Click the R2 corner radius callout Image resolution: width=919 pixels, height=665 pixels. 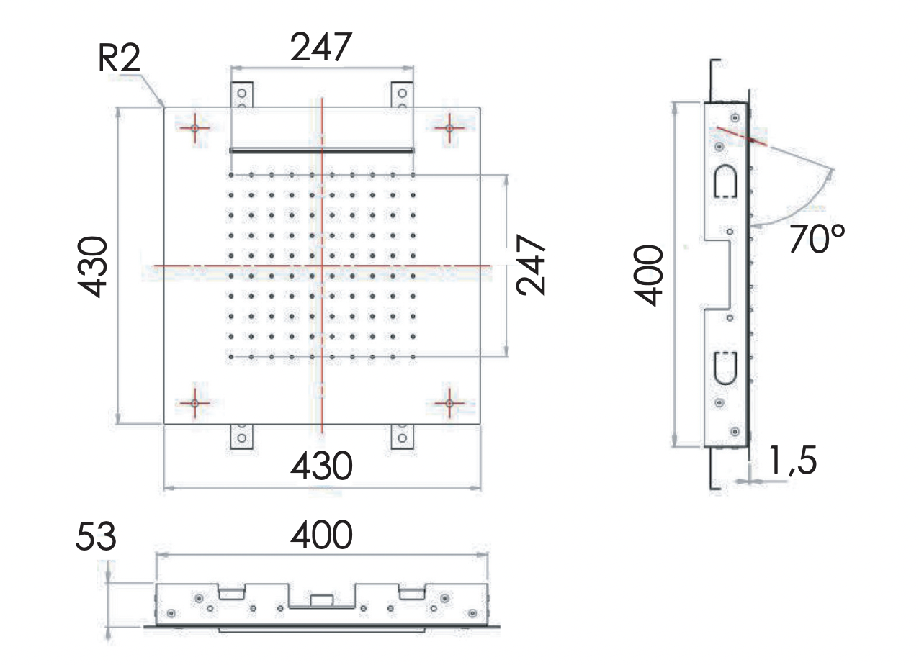(119, 59)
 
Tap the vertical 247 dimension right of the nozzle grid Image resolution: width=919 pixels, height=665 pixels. (532, 266)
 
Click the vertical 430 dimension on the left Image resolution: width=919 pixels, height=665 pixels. (94, 266)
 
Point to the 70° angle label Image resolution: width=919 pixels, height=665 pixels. (816, 239)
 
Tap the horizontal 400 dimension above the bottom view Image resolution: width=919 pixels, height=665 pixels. (321, 536)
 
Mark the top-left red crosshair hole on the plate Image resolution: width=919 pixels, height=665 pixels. (194, 128)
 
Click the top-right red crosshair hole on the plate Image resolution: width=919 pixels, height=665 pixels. (449, 128)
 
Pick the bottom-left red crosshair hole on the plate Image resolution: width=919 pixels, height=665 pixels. (194, 404)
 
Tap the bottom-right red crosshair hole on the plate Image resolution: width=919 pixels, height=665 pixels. (449, 404)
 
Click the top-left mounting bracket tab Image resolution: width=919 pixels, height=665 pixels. (242, 96)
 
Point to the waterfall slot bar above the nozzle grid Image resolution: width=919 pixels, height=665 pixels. (321, 150)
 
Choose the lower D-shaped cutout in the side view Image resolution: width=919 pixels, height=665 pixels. (724, 368)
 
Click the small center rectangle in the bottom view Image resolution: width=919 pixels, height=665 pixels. (321, 599)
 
